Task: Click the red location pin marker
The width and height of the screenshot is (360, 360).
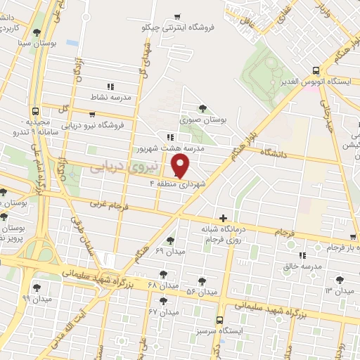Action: coord(181,166)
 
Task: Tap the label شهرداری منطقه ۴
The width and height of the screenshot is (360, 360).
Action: coord(177,184)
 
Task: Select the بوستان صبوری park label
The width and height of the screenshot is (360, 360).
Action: coord(205,120)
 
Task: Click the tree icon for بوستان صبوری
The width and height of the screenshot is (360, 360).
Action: coord(203,108)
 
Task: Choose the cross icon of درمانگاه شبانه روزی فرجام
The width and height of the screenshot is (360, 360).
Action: coord(224,219)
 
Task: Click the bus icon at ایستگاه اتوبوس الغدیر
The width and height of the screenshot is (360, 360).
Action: coord(315,70)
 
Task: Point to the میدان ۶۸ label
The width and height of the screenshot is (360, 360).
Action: coord(162,285)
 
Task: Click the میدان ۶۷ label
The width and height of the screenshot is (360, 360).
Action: coord(162,311)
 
